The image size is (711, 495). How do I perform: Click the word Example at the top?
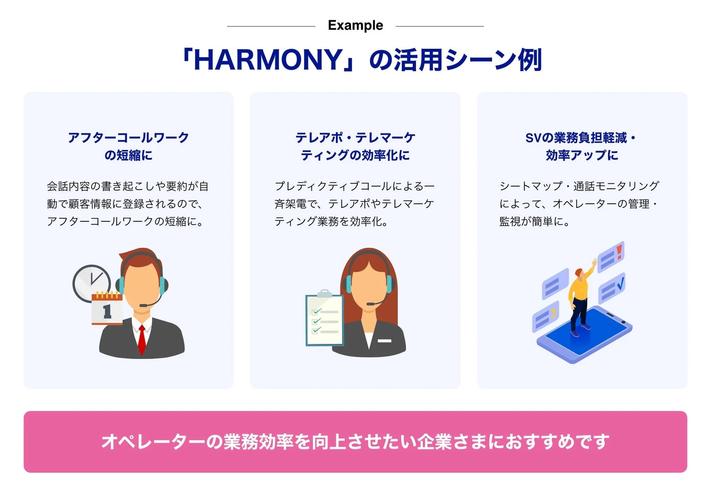point(355,25)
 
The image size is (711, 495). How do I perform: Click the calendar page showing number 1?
point(107,310)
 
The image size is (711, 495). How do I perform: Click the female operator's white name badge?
point(384,341)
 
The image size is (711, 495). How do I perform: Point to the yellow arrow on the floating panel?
point(553,313)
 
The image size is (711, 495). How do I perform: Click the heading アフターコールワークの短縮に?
point(128,146)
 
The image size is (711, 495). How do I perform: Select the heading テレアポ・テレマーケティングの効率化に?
point(355,146)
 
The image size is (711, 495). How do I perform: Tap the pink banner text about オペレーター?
point(355,441)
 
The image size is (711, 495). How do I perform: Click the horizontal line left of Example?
point(271,26)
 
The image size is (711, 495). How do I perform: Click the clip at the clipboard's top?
point(324,293)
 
